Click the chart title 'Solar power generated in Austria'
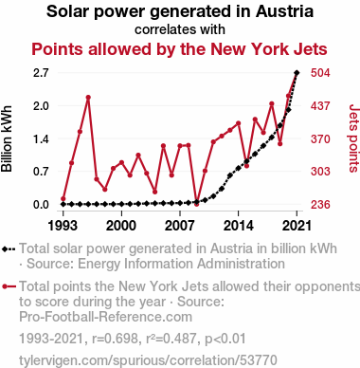pos(180,11)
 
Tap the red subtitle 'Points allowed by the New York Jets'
pos(179,49)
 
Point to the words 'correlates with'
pos(180,29)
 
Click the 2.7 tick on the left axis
pos(41,73)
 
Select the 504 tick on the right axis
pos(320,73)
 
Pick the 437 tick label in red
pos(320,106)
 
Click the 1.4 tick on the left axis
pos(41,138)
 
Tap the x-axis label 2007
pos(180,226)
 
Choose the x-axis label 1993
pos(63,226)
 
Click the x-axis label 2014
pos(239,226)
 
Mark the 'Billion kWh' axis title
pos(7,138)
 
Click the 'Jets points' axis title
pos(353,138)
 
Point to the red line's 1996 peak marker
pos(88,98)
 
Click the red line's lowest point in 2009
pos(196,204)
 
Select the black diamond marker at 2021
pos(297,73)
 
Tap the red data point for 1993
pos(63,199)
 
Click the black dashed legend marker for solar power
pos(9,249)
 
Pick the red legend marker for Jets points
pos(9,286)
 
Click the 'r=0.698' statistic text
pos(115,339)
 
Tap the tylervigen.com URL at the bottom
pos(148,360)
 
